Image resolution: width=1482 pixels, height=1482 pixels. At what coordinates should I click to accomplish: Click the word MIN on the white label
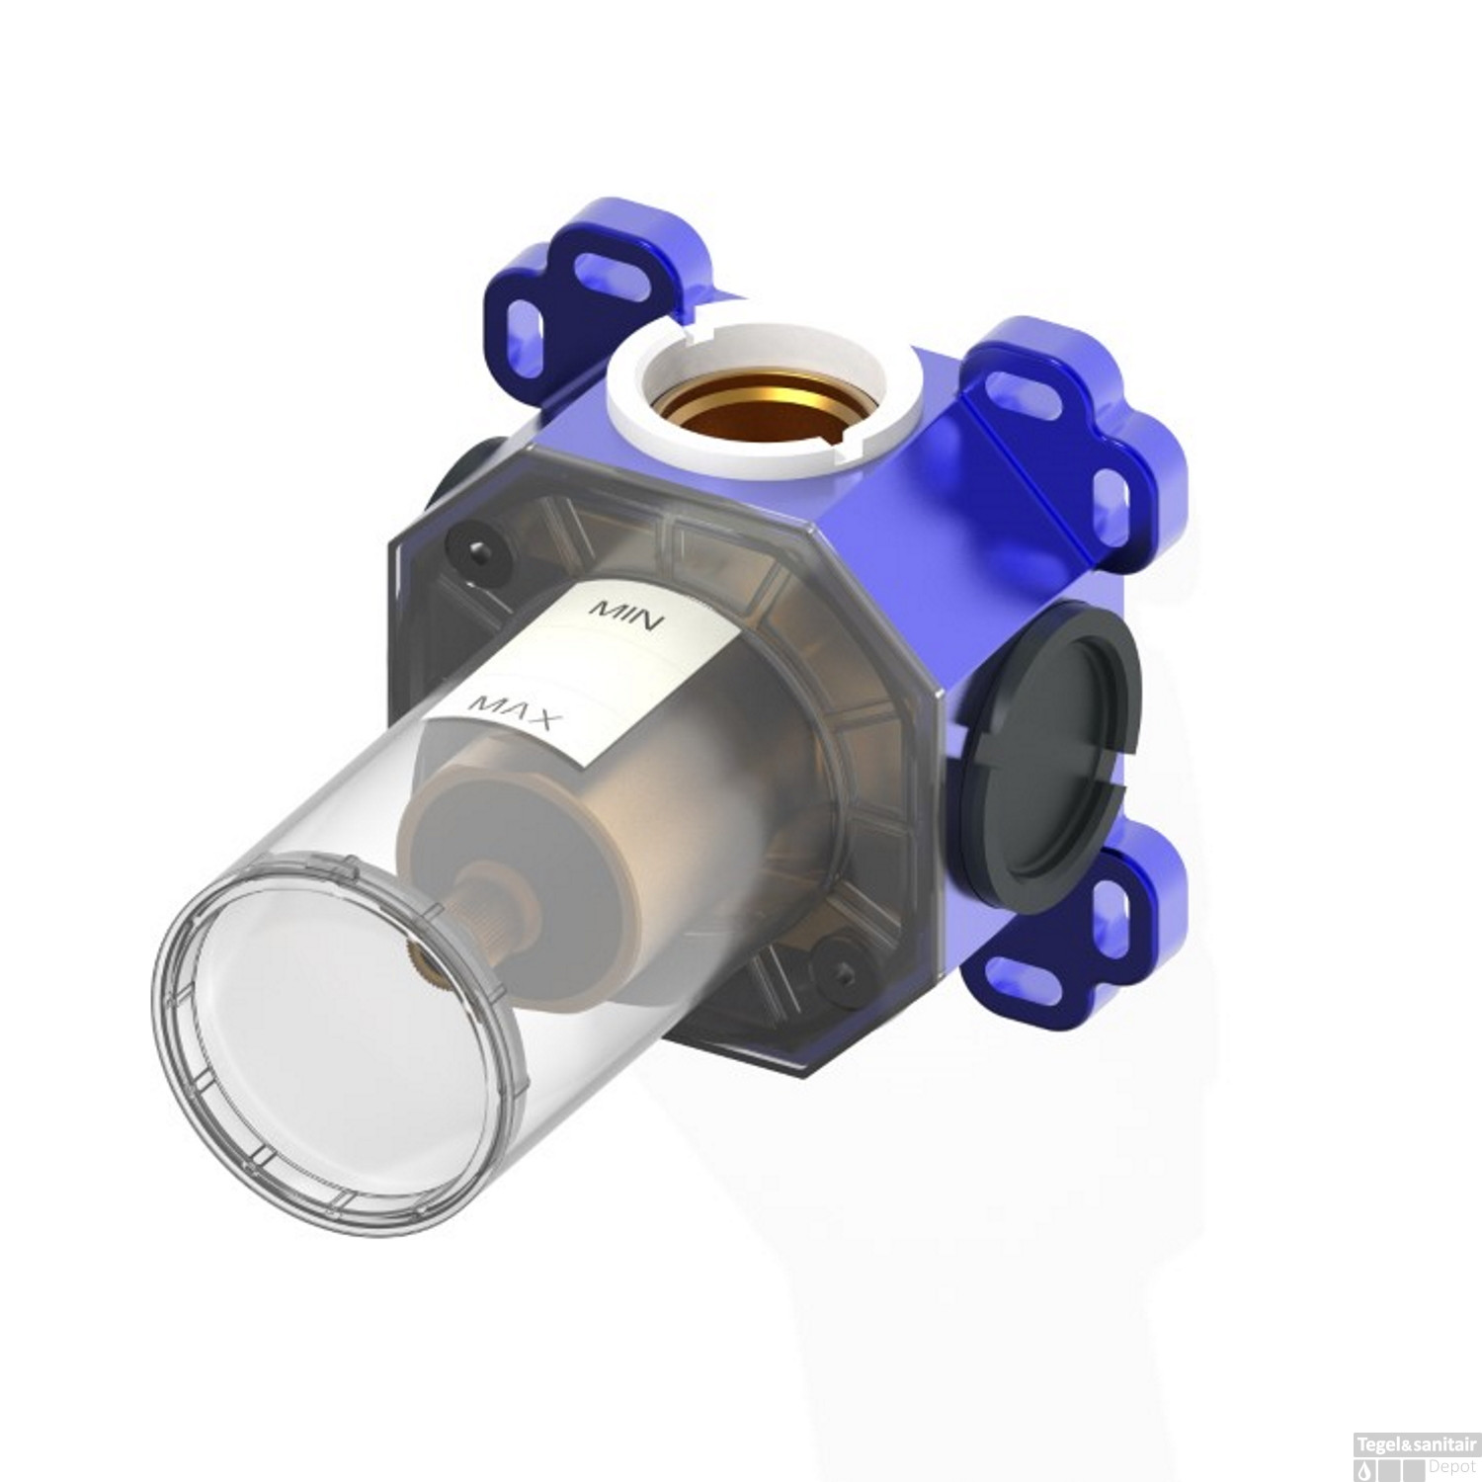(630, 615)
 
